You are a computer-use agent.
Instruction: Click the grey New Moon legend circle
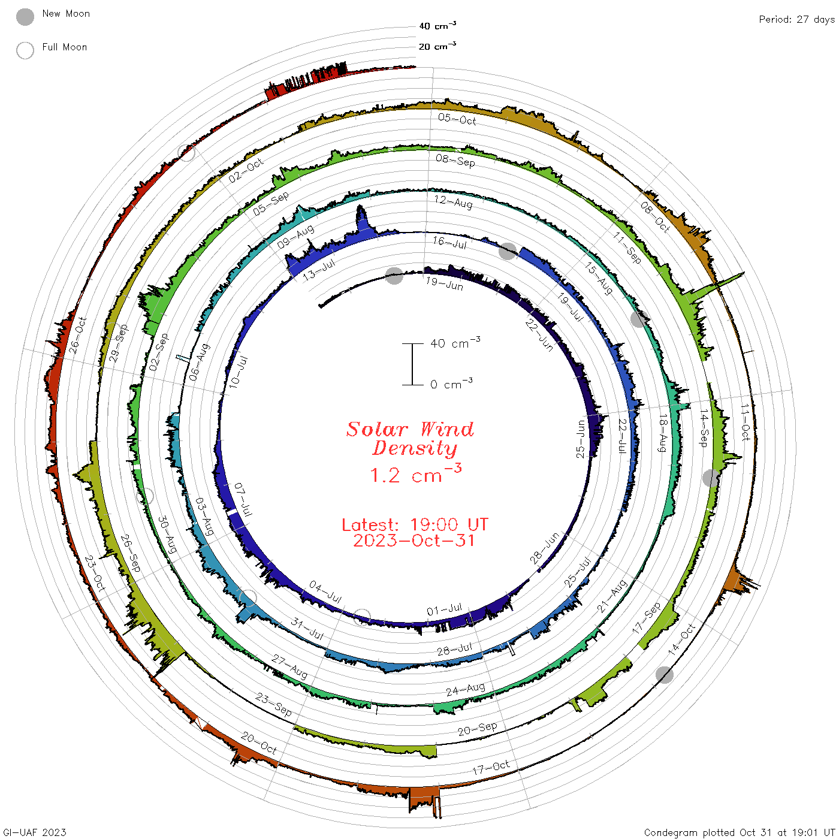pyautogui.click(x=25, y=17)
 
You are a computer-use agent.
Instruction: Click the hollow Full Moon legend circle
pyautogui.click(x=25, y=50)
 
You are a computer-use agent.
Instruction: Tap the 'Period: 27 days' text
pyautogui.click(x=797, y=20)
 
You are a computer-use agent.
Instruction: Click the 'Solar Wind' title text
pyautogui.click(x=410, y=429)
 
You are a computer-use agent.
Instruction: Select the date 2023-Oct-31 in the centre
pyautogui.click(x=414, y=541)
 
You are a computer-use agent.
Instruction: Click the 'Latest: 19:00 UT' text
pyautogui.click(x=415, y=524)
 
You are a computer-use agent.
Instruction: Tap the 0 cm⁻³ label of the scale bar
pyautogui.click(x=451, y=384)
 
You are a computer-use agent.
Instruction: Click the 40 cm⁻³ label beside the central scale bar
pyautogui.click(x=455, y=343)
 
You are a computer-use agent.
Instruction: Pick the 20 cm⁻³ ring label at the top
pyautogui.click(x=437, y=46)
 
